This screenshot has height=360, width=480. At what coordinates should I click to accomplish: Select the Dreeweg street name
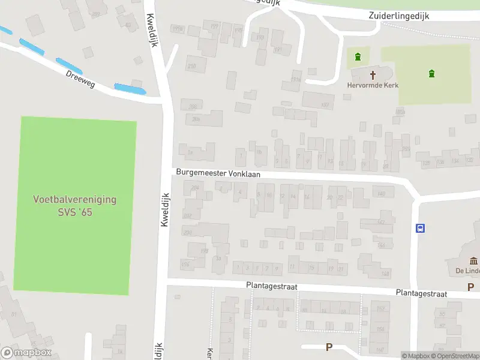81,77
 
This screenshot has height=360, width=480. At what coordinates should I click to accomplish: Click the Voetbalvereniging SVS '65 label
75,206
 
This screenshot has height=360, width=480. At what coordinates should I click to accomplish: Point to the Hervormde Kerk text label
372,85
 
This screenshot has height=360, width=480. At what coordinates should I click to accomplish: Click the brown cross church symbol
373,75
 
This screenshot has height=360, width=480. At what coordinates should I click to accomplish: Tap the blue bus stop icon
421,228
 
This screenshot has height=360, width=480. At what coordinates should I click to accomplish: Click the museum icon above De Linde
473,260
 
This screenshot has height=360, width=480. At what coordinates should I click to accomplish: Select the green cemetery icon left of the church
358,58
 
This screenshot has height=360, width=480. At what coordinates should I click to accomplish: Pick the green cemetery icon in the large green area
431,74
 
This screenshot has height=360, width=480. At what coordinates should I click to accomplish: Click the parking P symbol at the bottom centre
329,347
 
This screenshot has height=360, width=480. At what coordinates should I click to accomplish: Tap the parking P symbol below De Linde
471,287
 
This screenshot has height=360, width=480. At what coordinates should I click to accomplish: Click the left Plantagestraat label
272,287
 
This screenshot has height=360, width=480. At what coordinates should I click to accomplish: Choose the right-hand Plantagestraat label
421,293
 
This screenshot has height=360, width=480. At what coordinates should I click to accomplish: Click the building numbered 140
381,193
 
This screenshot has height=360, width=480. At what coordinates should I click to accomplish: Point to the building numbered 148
385,274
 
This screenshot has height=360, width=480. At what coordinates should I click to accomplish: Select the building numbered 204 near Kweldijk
194,188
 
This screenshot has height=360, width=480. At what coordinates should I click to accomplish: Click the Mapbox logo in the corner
26,353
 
